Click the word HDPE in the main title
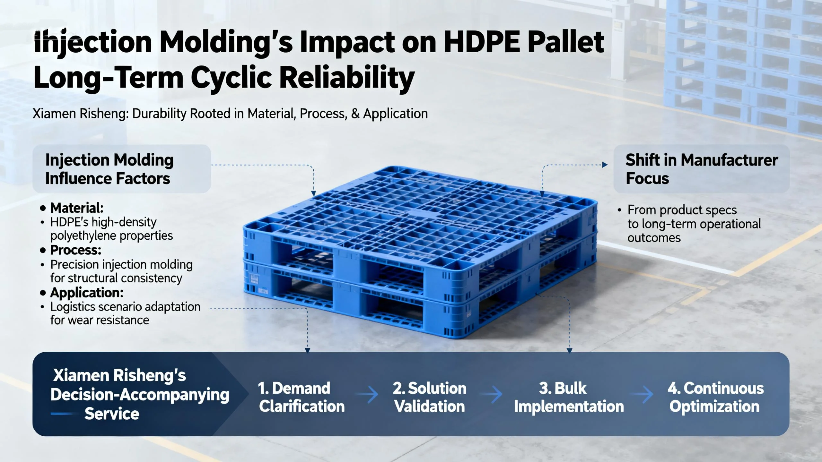(482, 42)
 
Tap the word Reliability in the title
(347, 78)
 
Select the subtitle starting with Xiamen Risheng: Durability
(230, 114)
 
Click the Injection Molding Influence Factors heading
(109, 169)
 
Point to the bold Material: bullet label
(77, 208)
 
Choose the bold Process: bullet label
(76, 250)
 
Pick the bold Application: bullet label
(87, 293)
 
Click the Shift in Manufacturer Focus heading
(702, 169)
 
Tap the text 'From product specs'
(682, 210)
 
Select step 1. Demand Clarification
(301, 397)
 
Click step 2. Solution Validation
(429, 397)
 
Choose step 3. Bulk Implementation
(569, 397)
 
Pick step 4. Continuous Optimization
(716, 397)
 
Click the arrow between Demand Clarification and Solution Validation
(368, 395)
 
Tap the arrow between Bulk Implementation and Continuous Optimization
(642, 395)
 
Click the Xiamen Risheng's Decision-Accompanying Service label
(140, 395)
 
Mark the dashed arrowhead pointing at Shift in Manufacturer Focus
(605, 165)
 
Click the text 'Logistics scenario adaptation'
(125, 307)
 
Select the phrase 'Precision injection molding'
(121, 265)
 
